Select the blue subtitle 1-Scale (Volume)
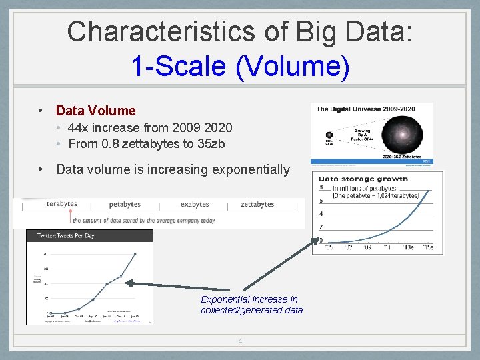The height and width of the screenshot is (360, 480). point(240,66)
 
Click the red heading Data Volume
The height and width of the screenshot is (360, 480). point(95,111)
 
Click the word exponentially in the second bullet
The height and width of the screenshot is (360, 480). point(251,169)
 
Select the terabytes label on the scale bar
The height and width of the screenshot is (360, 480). point(61,204)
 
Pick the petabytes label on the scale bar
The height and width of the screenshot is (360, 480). point(125,205)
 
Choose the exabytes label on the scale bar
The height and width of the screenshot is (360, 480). point(194,205)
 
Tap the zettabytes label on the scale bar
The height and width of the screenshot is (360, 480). point(257,205)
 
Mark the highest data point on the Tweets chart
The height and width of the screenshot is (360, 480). point(135,254)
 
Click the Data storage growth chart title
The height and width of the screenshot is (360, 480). point(363,179)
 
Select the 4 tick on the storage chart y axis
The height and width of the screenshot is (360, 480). point(321,214)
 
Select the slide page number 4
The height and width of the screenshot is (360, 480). point(240,341)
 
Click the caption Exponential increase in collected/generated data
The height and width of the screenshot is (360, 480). point(251,305)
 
